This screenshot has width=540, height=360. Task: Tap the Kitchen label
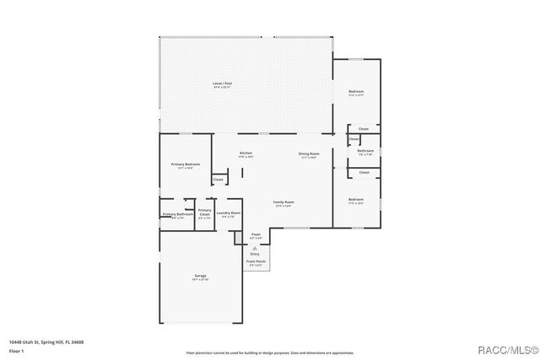[x=246, y=153]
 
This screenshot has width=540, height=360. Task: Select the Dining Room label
[x=309, y=153]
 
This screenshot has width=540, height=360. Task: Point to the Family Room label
[x=283, y=202]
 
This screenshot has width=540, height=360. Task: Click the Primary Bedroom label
[x=185, y=164]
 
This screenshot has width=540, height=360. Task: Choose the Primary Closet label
[x=204, y=212]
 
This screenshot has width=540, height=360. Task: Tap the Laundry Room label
[x=229, y=214]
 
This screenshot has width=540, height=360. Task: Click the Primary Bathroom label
[x=177, y=215]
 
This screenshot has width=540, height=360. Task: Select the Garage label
[x=201, y=277]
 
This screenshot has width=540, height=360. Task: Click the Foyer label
[x=256, y=235]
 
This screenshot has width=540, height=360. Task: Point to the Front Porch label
[x=256, y=262]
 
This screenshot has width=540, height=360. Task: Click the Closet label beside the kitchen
[x=218, y=179]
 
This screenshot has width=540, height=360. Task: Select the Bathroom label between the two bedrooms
[x=365, y=152]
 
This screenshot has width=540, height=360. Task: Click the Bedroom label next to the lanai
[x=357, y=92]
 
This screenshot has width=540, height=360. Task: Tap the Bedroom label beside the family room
[x=355, y=201]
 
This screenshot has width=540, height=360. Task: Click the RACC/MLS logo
[x=505, y=349]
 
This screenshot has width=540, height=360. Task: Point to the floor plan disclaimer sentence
[x=270, y=352]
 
